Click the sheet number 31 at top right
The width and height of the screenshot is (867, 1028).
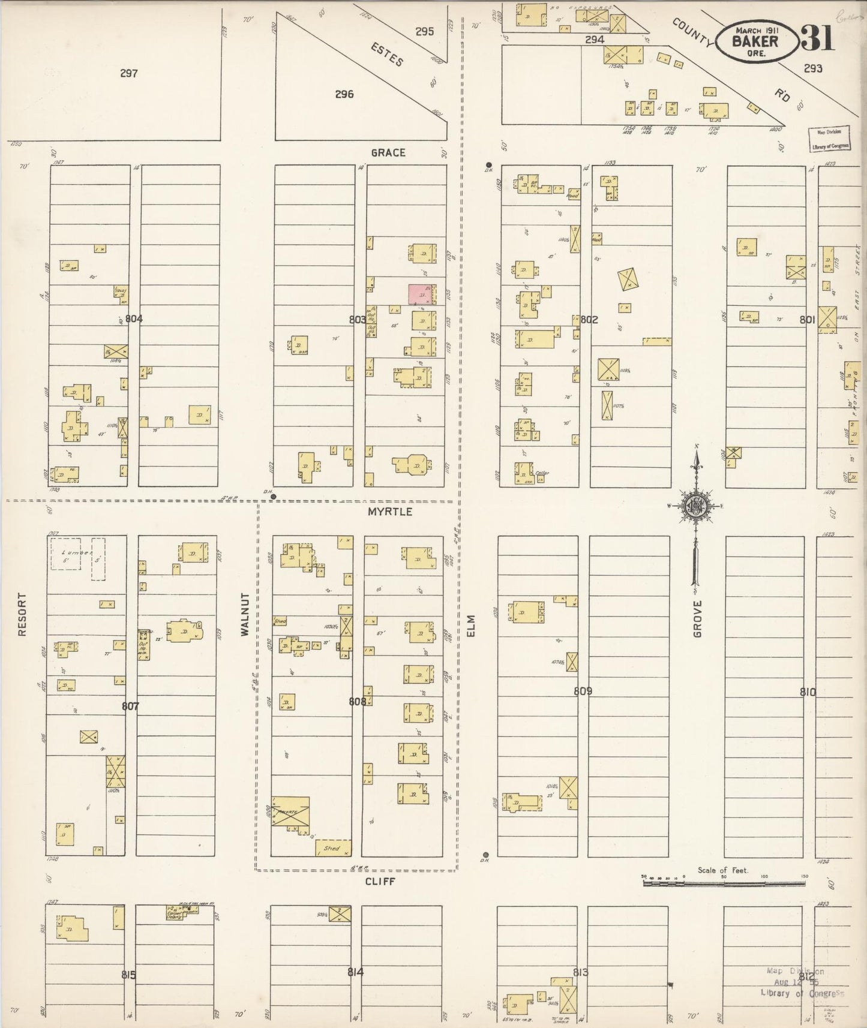coord(817,39)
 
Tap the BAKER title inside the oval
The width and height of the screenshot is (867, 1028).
coord(755,41)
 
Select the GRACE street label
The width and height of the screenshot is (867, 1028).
coord(388,153)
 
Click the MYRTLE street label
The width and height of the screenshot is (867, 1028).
coord(390,512)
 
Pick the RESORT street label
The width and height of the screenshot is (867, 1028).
coord(22,614)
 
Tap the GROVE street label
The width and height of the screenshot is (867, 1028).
coord(697,618)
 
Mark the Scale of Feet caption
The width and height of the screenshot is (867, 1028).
coord(723,870)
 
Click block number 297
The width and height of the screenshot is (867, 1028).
coord(128,74)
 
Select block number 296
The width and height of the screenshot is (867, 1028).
coord(344,94)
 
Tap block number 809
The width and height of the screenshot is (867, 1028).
coord(583,691)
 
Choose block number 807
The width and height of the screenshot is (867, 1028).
coord(130,706)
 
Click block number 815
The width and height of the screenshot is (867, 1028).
coord(128,975)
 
